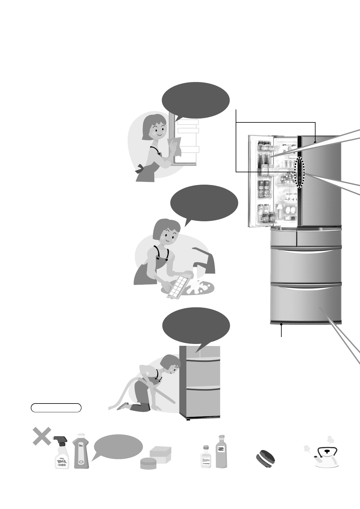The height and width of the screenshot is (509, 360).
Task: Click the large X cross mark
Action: click(42, 436)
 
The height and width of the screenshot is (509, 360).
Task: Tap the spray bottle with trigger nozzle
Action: click(62, 453)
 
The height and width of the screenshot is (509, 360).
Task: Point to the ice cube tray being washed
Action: click(180, 286)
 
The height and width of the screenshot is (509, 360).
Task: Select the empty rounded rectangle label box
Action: click(56, 407)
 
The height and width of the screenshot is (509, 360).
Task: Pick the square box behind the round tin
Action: click(161, 453)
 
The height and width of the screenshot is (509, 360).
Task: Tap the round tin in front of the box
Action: click(149, 463)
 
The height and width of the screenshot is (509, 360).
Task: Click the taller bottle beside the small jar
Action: click(221, 452)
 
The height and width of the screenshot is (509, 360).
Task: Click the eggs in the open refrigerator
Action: click(290, 210)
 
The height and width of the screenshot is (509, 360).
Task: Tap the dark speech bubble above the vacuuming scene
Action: click(196, 326)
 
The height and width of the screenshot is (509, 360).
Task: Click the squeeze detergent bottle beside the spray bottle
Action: click(81, 452)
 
